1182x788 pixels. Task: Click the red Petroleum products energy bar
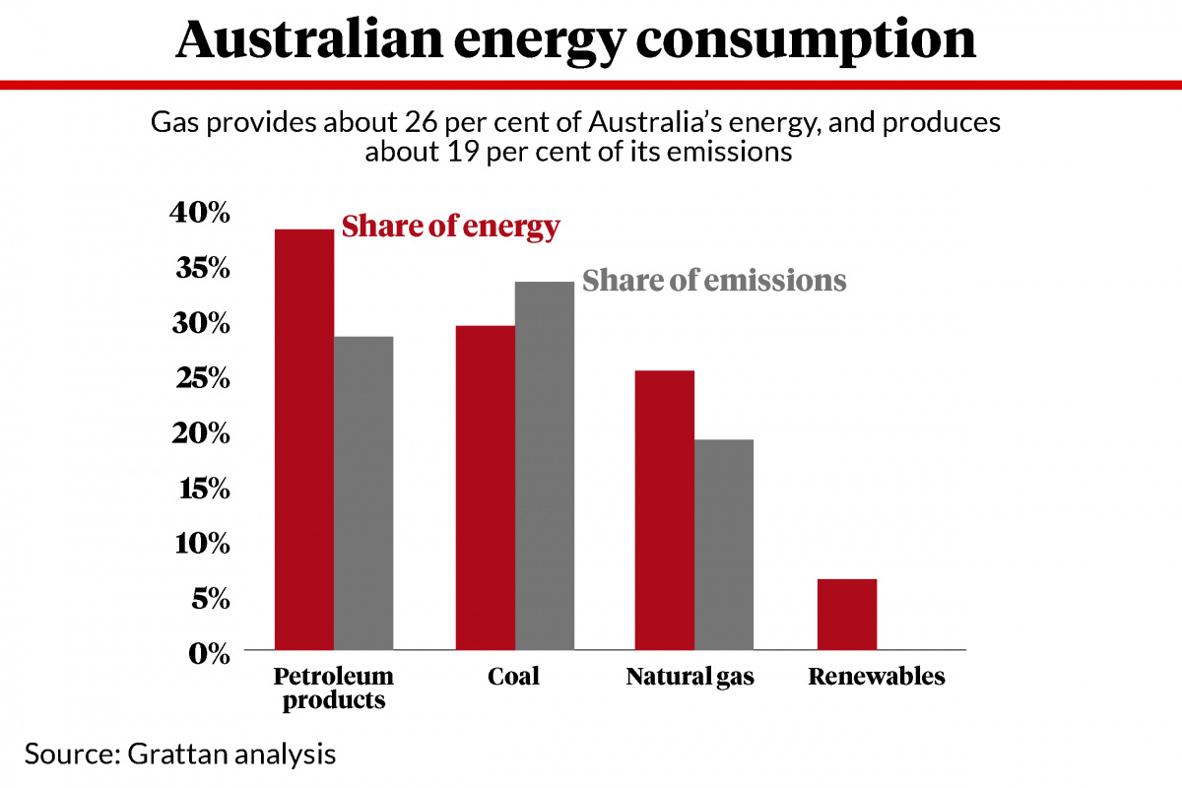tap(304, 439)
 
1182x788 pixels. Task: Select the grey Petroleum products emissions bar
tap(363, 492)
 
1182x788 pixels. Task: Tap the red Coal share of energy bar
tap(485, 488)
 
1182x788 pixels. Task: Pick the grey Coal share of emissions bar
tap(544, 465)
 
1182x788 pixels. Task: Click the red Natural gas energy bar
tap(665, 510)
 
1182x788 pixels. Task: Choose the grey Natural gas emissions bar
tap(724, 545)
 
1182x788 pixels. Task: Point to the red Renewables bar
tap(847, 615)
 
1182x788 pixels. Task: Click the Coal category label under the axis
tap(513, 678)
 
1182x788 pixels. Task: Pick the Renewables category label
tap(876, 678)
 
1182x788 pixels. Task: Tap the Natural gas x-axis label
tap(689, 678)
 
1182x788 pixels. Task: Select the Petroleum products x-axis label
tap(333, 689)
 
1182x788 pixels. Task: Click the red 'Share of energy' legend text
tap(450, 227)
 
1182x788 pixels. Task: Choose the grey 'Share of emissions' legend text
tap(714, 280)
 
